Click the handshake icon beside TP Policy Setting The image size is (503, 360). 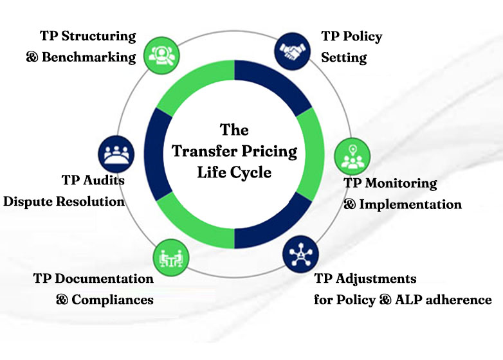(x=293, y=51)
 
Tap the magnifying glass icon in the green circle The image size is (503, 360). (x=161, y=55)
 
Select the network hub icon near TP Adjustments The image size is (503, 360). (x=300, y=254)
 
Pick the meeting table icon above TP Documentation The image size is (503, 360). (x=171, y=258)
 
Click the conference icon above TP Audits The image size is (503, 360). (x=116, y=154)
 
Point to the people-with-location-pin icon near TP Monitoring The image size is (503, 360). (x=352, y=157)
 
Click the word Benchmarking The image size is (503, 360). (x=89, y=57)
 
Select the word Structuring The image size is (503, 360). (x=98, y=36)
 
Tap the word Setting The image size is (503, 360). (x=344, y=58)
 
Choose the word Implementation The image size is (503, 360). (x=410, y=204)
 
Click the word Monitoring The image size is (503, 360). (x=401, y=183)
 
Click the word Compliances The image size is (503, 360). (x=113, y=300)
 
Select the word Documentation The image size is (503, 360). (x=104, y=278)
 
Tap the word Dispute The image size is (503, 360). (x=28, y=202)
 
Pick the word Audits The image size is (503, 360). (x=104, y=180)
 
